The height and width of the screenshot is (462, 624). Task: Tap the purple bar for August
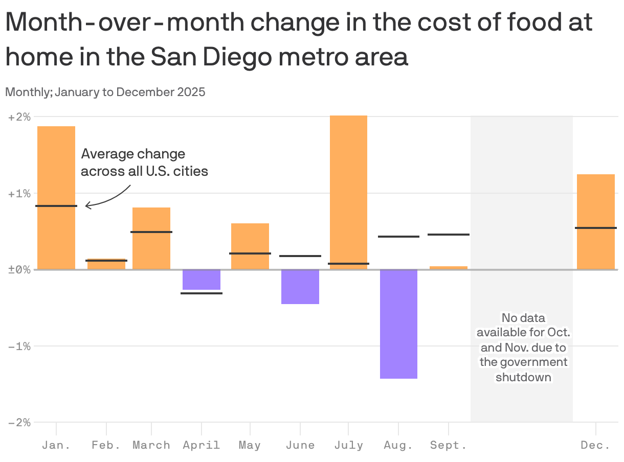398,324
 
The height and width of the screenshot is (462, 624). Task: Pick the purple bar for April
202,280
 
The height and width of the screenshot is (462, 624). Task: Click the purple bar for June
300,287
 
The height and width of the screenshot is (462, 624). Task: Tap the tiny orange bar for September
449,267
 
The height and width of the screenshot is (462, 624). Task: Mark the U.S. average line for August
398,237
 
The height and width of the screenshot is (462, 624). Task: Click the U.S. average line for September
449,235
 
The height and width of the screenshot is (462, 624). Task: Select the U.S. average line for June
300,256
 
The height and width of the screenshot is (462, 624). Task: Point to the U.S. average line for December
596,228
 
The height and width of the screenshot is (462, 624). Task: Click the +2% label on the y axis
19,117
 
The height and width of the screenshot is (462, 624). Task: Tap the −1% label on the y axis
19,346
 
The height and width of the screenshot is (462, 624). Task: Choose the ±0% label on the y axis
19,270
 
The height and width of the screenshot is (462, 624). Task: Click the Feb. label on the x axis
106,445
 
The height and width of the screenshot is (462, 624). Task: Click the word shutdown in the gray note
523,378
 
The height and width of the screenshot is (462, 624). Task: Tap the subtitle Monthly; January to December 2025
105,93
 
